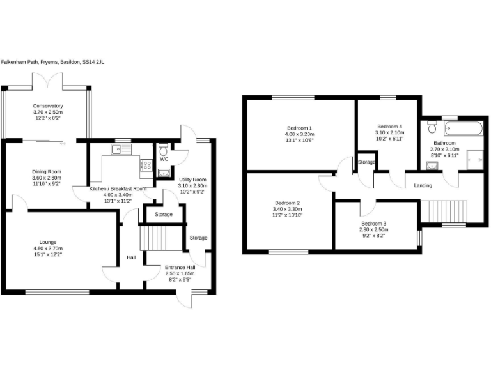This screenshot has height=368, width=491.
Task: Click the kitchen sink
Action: pyautogui.click(x=120, y=149)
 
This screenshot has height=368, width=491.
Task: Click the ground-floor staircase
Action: pyautogui.click(x=153, y=237)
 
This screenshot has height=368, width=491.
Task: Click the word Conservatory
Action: pyautogui.click(x=48, y=106)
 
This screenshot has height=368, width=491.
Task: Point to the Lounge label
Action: pyautogui.click(x=48, y=242)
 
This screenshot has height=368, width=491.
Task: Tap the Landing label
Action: pyautogui.click(x=423, y=185)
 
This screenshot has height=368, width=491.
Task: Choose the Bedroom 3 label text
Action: pyautogui.click(x=373, y=223)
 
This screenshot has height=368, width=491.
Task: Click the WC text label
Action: pyautogui.click(x=164, y=159)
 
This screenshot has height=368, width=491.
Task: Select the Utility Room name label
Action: pyautogui.click(x=192, y=180)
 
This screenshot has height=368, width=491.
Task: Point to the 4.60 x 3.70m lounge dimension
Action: pyautogui.click(x=48, y=249)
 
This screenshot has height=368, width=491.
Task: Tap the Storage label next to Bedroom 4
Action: pyautogui.click(x=366, y=162)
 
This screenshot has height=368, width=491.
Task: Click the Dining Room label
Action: pyautogui.click(x=47, y=171)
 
